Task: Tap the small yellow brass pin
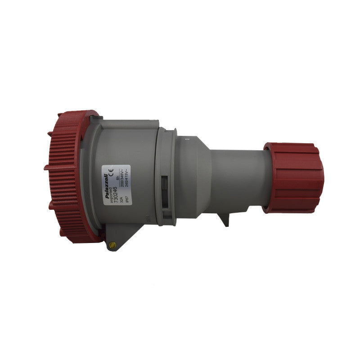tap(112, 245)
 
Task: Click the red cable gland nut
tap(294, 177)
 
